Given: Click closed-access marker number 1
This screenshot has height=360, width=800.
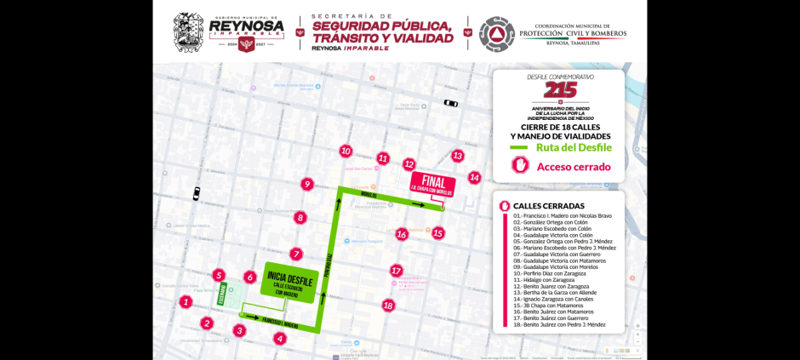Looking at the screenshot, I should pyautogui.click(x=186, y=301).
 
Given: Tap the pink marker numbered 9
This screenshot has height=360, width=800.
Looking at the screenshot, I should pyautogui.click(x=307, y=184).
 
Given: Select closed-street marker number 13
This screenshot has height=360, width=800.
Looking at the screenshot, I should pyautogui.click(x=457, y=156).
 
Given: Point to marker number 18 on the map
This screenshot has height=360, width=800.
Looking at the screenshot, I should pyautogui.click(x=388, y=306).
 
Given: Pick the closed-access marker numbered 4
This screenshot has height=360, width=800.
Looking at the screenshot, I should pyautogui.click(x=280, y=338).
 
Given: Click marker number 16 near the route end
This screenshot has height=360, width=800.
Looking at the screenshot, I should pyautogui.click(x=402, y=234).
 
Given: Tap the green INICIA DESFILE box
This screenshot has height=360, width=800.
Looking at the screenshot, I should pyautogui.click(x=289, y=282).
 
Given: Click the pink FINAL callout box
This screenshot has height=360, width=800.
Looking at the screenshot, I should pyautogui.click(x=433, y=184).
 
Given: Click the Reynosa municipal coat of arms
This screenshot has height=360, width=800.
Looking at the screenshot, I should pyautogui.click(x=188, y=32).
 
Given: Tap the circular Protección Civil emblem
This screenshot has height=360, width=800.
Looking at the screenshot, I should pyautogui.click(x=496, y=34).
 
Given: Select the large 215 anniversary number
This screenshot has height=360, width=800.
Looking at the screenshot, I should pyautogui.click(x=560, y=89).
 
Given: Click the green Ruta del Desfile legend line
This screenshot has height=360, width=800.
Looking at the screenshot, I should pyautogui.click(x=519, y=148).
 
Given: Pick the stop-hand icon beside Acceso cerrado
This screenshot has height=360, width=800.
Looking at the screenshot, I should pyautogui.click(x=520, y=166).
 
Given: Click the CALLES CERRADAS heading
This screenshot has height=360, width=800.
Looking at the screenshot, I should pyautogui.click(x=549, y=206).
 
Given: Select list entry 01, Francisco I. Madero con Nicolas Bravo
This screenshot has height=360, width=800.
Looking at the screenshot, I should pyautogui.click(x=563, y=215).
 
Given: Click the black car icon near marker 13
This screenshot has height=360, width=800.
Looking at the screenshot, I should pyautogui.click(x=450, y=104).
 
